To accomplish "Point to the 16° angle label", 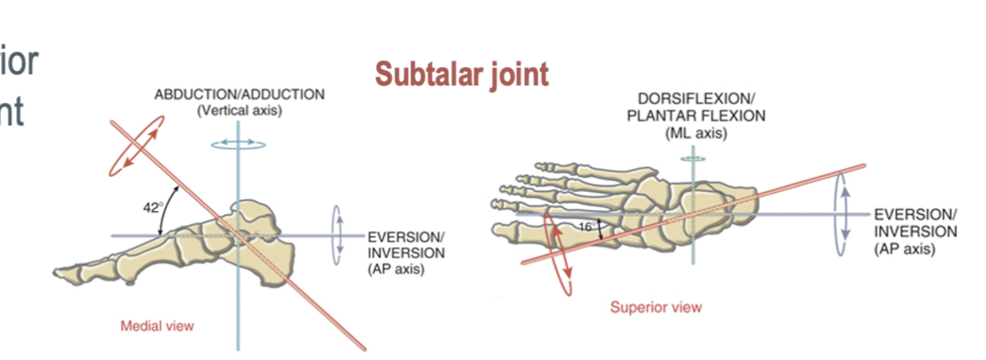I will (x=585, y=227).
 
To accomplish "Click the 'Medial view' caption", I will (x=157, y=325).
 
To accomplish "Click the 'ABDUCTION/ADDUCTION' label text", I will (x=239, y=94).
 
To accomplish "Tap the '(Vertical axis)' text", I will (x=239, y=111).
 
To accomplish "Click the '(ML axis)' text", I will (x=696, y=134).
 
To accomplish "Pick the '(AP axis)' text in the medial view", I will (x=396, y=269).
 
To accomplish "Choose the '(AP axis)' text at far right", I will (x=905, y=249).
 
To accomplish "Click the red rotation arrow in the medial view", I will (x=137, y=146).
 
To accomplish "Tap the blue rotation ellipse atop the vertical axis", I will (x=238, y=144).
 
